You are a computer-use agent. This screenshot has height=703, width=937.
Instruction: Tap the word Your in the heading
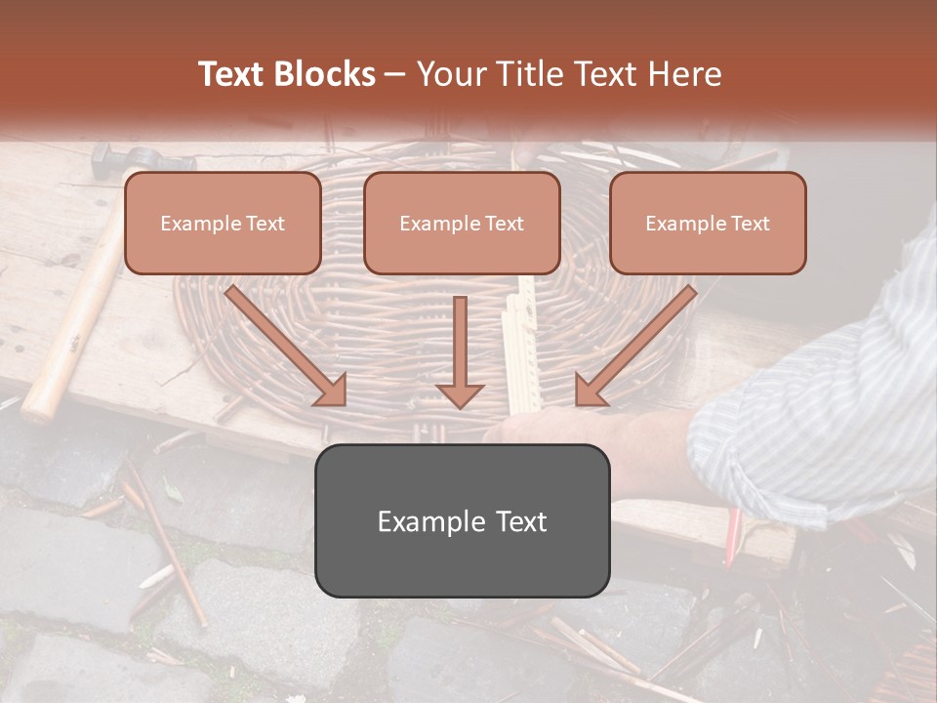[x=448, y=74]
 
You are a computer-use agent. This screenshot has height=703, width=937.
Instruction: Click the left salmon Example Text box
[x=223, y=224]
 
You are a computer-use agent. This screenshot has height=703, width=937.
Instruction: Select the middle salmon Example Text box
[x=462, y=224]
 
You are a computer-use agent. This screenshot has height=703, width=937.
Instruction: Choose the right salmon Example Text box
[x=708, y=224]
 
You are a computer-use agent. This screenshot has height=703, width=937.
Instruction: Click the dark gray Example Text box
[x=462, y=521]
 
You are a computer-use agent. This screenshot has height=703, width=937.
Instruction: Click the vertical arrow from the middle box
[x=460, y=351]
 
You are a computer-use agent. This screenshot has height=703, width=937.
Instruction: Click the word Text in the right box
[x=750, y=224]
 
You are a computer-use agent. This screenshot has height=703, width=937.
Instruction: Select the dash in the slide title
[x=395, y=74]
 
